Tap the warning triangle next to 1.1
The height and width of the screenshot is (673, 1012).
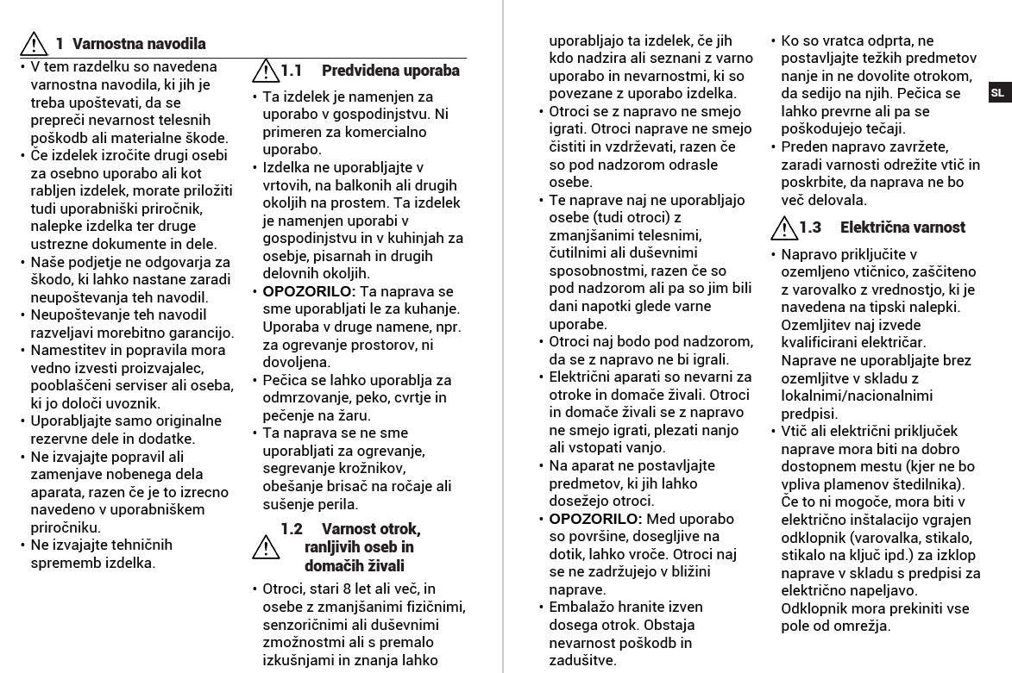[267, 70]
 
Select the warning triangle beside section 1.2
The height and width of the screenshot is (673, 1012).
[267, 546]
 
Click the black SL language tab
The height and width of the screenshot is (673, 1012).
[997, 93]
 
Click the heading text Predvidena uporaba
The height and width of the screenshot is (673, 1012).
[390, 70]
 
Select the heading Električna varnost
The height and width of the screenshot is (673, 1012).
[902, 227]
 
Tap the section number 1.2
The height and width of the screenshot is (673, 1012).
[292, 527]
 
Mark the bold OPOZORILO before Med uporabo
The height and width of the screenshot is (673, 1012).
[594, 519]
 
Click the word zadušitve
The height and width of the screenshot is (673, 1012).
[582, 661]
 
